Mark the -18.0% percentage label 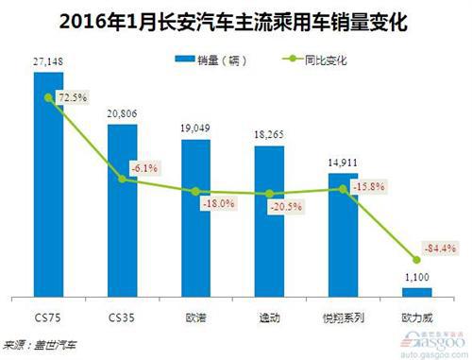219,202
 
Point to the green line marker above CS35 121,179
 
